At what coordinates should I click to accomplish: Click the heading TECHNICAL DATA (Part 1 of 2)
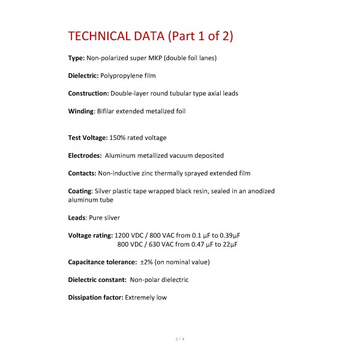point(151,36)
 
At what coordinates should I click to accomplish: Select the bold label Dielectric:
point(83,76)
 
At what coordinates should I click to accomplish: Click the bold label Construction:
point(88,94)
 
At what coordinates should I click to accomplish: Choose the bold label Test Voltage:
point(88,138)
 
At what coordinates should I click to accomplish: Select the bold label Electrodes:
point(85,155)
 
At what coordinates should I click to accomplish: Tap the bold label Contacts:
point(82,173)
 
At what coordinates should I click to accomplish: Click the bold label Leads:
point(77,218)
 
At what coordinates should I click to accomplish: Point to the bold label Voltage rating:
point(90,235)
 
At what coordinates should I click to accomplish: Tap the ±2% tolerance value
point(146,262)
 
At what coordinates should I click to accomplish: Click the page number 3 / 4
point(180,340)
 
